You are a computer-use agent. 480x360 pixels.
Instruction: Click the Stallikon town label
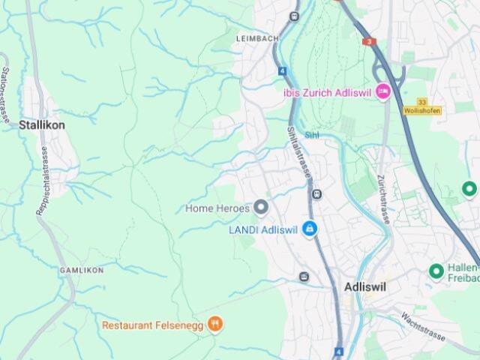[x=41, y=125]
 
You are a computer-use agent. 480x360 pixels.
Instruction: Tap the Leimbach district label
[x=257, y=38]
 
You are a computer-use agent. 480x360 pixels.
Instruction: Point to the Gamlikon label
[x=81, y=269]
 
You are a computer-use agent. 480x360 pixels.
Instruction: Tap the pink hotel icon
[x=383, y=91]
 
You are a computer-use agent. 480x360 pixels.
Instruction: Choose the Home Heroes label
[x=217, y=208]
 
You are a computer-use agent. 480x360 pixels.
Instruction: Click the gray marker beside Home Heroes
[x=261, y=207]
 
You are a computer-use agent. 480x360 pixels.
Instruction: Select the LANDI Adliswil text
[x=262, y=229]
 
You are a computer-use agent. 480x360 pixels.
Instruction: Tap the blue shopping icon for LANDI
[x=309, y=229]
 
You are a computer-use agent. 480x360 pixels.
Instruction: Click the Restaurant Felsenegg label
[x=152, y=325]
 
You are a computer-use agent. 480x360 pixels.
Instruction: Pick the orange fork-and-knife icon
[x=215, y=324]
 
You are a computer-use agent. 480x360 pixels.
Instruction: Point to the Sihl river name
[x=311, y=135]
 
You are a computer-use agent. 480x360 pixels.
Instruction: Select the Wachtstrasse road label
[x=424, y=323]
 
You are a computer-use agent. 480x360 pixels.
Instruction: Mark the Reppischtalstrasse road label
[x=43, y=181]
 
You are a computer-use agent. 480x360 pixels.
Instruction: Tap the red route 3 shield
[x=368, y=41]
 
